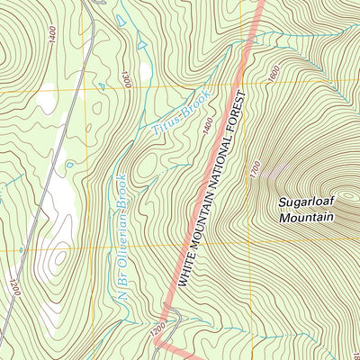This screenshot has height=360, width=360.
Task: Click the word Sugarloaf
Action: tap(306, 203)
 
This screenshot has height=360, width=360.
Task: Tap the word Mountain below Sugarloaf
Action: tap(306, 218)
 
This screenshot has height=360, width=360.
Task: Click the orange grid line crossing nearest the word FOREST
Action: tap(246, 83)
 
